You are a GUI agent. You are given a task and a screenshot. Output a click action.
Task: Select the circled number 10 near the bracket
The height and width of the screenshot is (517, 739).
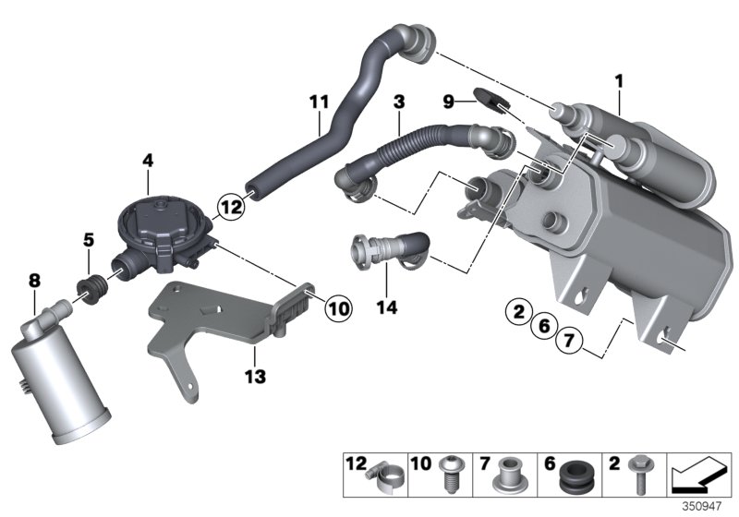pyautogui.click(x=338, y=307)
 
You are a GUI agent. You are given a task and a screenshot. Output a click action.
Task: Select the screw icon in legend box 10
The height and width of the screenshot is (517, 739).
pyautogui.click(x=451, y=475)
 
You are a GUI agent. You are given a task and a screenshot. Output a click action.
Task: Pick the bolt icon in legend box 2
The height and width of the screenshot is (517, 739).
pyautogui.click(x=637, y=475)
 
